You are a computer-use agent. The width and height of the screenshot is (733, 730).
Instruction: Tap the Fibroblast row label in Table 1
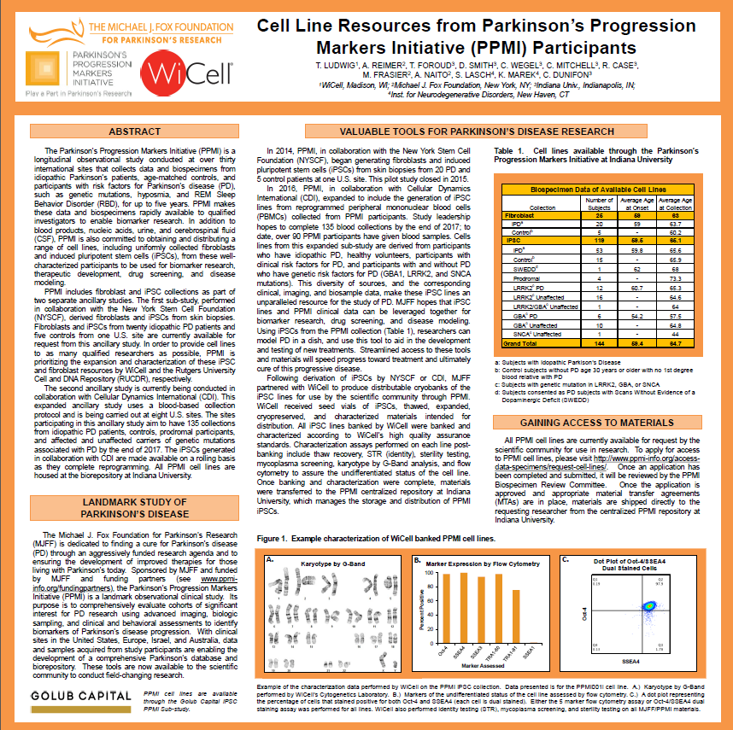click(520, 216)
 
